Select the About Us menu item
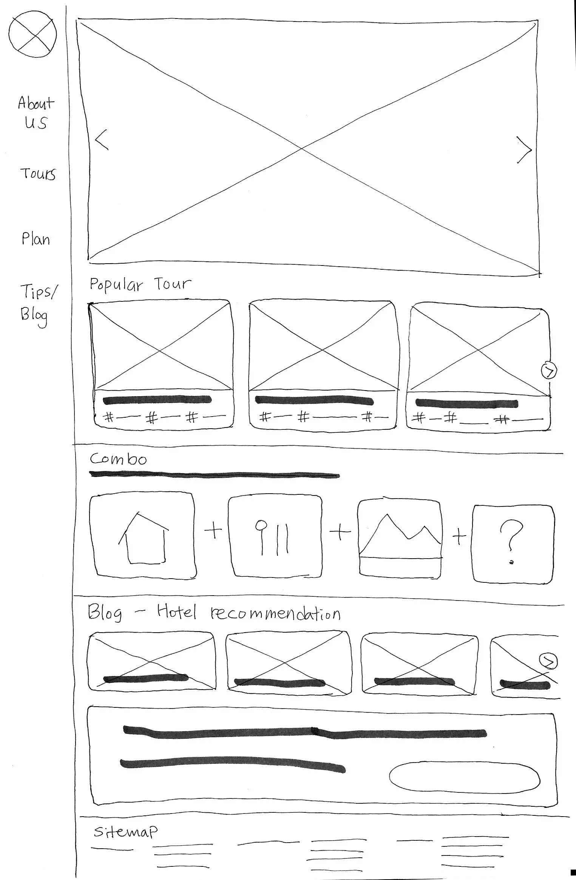pyautogui.click(x=36, y=112)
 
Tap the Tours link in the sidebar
pyautogui.click(x=38, y=174)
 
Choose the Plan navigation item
pyautogui.click(x=36, y=239)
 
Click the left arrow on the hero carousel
pyautogui.click(x=102, y=140)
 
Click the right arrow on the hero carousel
pyautogui.click(x=523, y=150)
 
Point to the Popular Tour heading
pyautogui.click(x=140, y=284)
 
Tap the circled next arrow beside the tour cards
pyautogui.click(x=549, y=371)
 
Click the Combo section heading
pyautogui.click(x=118, y=459)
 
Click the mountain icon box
pyautogui.click(x=400, y=539)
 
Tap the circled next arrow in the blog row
pyautogui.click(x=548, y=661)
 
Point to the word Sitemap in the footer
pyautogui.click(x=125, y=831)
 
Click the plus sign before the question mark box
pyautogui.click(x=459, y=536)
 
